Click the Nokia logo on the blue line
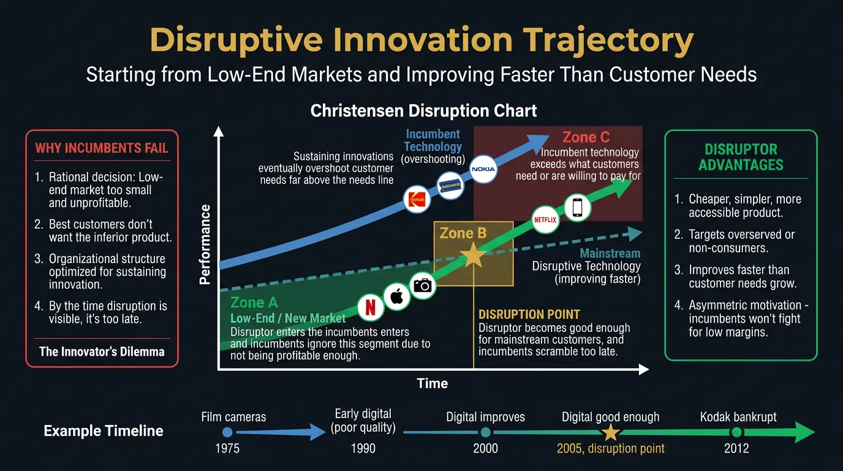point(482,169)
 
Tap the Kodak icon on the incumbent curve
point(417,199)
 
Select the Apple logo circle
point(396,297)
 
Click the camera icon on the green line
point(423,285)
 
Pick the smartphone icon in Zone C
point(577,208)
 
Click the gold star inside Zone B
point(473,255)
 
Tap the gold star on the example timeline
point(610,432)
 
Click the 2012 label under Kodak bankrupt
point(736,448)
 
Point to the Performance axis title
point(205,245)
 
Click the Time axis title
point(432,384)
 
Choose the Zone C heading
point(586,137)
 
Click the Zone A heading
point(254,302)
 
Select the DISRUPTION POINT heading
point(529,314)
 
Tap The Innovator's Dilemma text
point(102,351)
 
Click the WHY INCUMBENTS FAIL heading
point(102,148)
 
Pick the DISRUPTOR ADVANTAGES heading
point(741,157)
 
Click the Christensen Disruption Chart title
point(423,110)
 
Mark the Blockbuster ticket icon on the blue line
point(450,183)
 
